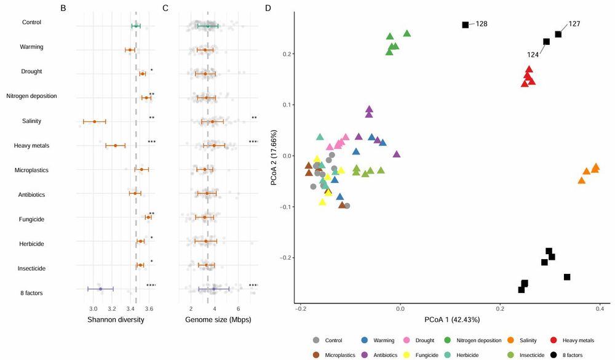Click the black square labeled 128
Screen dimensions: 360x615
(x=466, y=25)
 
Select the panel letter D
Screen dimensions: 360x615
(x=268, y=9)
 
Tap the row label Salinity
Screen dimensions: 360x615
(x=31, y=121)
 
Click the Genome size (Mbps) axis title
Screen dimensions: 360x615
(x=218, y=320)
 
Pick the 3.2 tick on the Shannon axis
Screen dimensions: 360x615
(x=112, y=308)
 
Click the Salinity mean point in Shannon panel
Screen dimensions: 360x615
(x=94, y=121)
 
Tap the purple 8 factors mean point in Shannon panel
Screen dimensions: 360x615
(x=100, y=289)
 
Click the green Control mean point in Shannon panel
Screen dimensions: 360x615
(x=136, y=25)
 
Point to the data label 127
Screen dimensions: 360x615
(x=574, y=24)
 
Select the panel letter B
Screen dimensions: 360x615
(x=63, y=9)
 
